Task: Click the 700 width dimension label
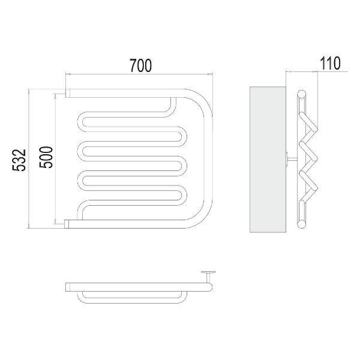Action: (x=140, y=65)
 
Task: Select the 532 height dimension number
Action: (x=19, y=160)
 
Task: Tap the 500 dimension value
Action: (x=46, y=157)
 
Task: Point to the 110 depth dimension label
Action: (x=330, y=63)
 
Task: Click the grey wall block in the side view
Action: (x=268, y=160)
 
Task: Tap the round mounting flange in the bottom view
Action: (x=208, y=272)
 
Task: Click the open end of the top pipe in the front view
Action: (x=68, y=93)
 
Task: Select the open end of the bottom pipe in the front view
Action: (x=67, y=224)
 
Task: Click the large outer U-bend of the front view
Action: (x=208, y=158)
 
